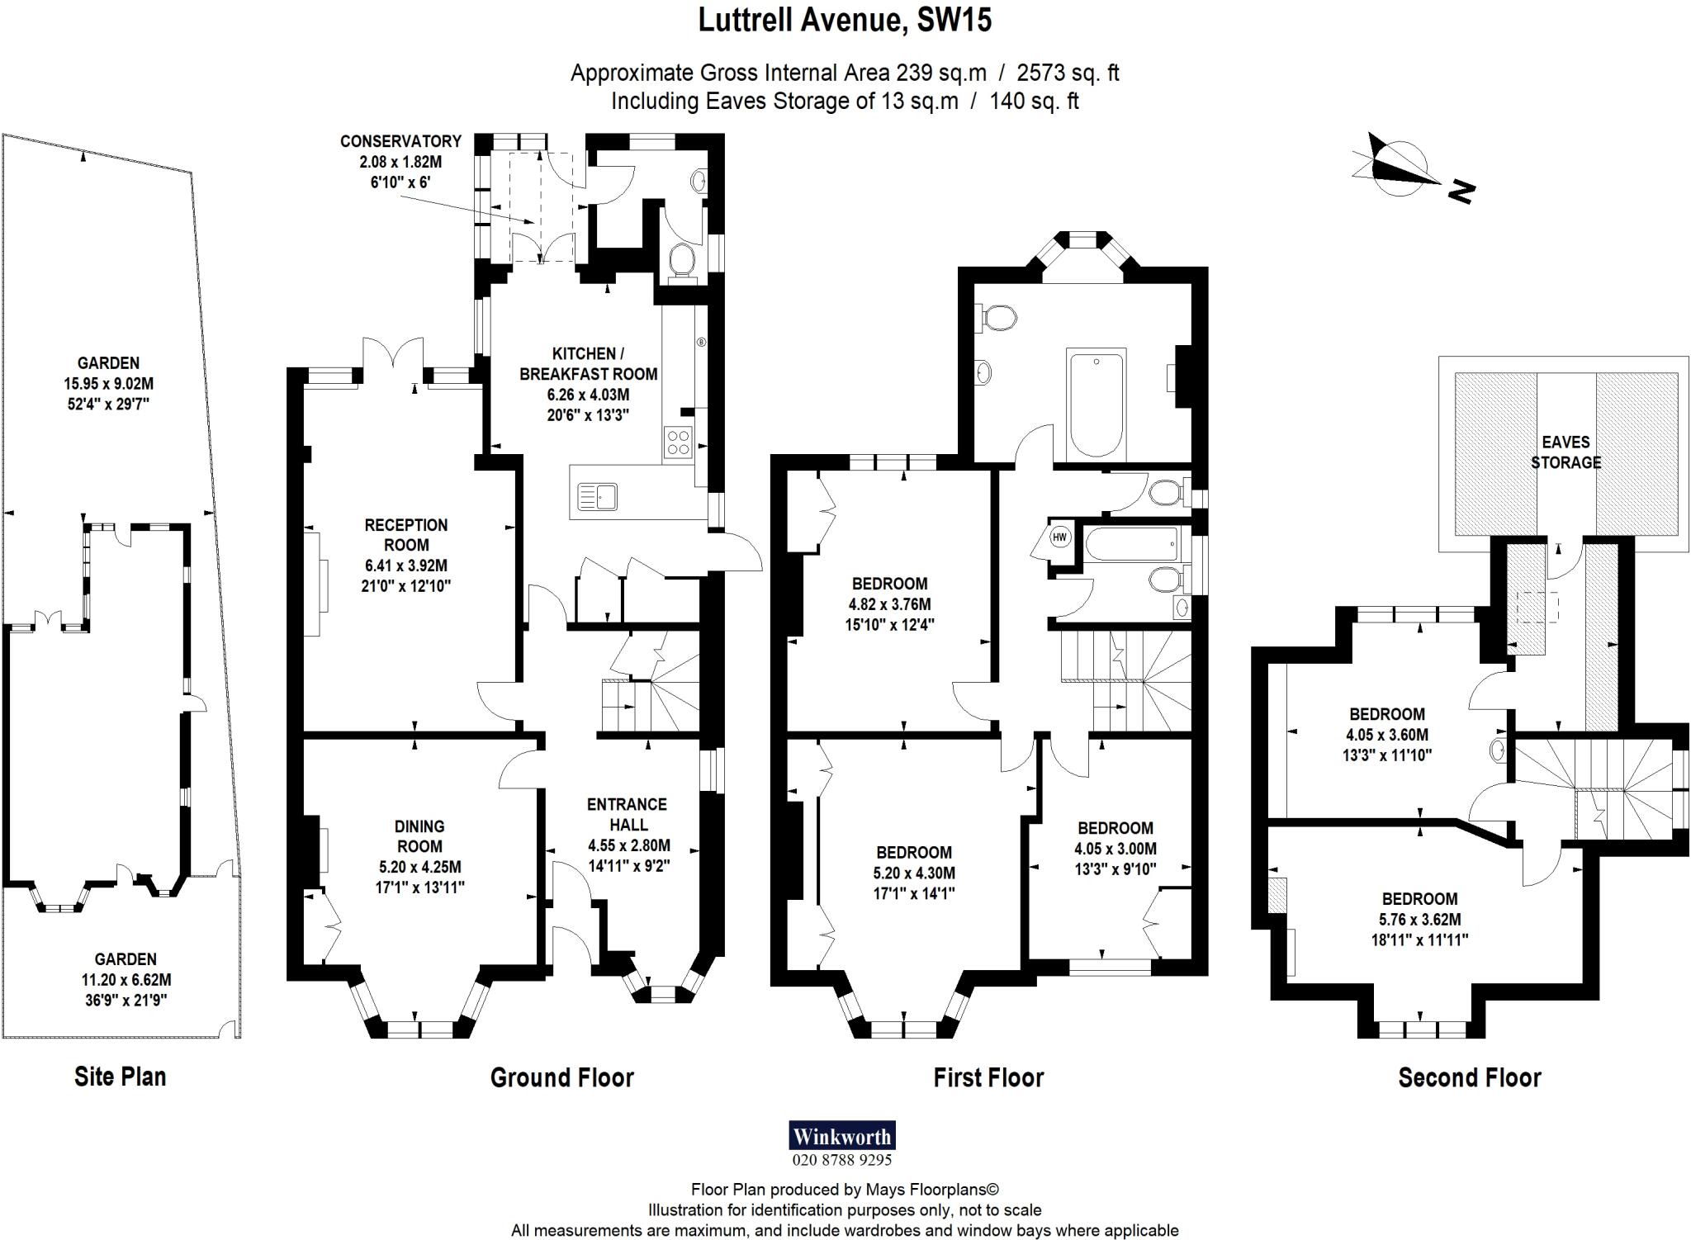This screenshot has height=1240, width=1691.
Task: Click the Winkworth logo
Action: (x=842, y=1136)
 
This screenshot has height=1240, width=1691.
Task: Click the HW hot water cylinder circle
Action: (x=1059, y=537)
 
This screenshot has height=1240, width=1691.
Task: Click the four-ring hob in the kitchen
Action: (x=678, y=443)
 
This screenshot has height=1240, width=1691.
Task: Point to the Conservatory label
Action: (x=400, y=141)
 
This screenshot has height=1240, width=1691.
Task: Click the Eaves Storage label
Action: (x=1565, y=452)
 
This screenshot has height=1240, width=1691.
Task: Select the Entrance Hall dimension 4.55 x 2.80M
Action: (x=629, y=845)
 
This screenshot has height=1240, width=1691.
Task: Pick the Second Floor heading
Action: (x=1470, y=1077)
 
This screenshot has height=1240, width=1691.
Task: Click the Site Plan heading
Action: (x=121, y=1077)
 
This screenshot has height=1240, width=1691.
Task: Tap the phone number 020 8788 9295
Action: (x=842, y=1160)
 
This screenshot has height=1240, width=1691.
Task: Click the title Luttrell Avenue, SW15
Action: (x=845, y=20)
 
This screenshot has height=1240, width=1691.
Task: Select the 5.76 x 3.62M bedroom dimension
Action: (x=1419, y=920)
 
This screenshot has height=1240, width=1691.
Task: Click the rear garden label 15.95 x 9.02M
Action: (x=108, y=384)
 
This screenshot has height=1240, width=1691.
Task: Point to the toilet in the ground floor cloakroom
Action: (x=682, y=262)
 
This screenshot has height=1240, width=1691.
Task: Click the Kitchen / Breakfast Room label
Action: (x=588, y=364)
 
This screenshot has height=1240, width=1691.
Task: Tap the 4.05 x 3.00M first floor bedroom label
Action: (x=1115, y=848)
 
